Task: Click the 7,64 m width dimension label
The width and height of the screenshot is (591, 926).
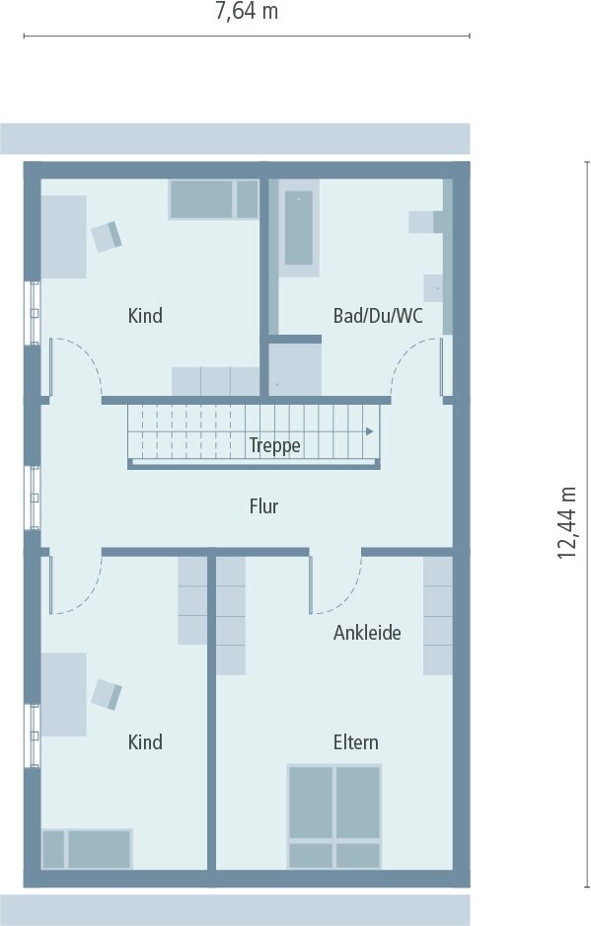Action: pyautogui.click(x=247, y=12)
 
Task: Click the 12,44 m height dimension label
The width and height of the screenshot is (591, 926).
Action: pyautogui.click(x=566, y=522)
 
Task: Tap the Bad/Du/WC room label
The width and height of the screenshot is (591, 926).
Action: pyautogui.click(x=378, y=316)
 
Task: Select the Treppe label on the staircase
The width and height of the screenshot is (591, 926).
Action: pyautogui.click(x=274, y=445)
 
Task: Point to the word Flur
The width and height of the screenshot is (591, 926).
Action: pyautogui.click(x=263, y=506)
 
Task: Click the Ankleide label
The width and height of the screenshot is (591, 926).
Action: pyautogui.click(x=367, y=633)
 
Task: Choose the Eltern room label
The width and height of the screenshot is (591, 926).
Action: pyautogui.click(x=355, y=741)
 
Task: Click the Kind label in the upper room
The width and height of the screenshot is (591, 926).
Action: pyautogui.click(x=145, y=316)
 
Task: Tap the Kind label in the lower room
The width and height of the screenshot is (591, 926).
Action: pyautogui.click(x=145, y=741)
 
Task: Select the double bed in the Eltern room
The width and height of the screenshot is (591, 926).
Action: pyautogui.click(x=334, y=815)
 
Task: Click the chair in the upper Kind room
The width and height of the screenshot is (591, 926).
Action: pyautogui.click(x=107, y=236)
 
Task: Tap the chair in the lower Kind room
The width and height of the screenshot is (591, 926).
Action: pyautogui.click(x=107, y=694)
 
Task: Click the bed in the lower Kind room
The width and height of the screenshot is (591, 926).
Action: pyautogui.click(x=87, y=849)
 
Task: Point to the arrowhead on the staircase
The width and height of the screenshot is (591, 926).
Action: pyautogui.click(x=369, y=431)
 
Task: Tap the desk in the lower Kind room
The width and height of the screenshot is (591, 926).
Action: pyautogui.click(x=63, y=694)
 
